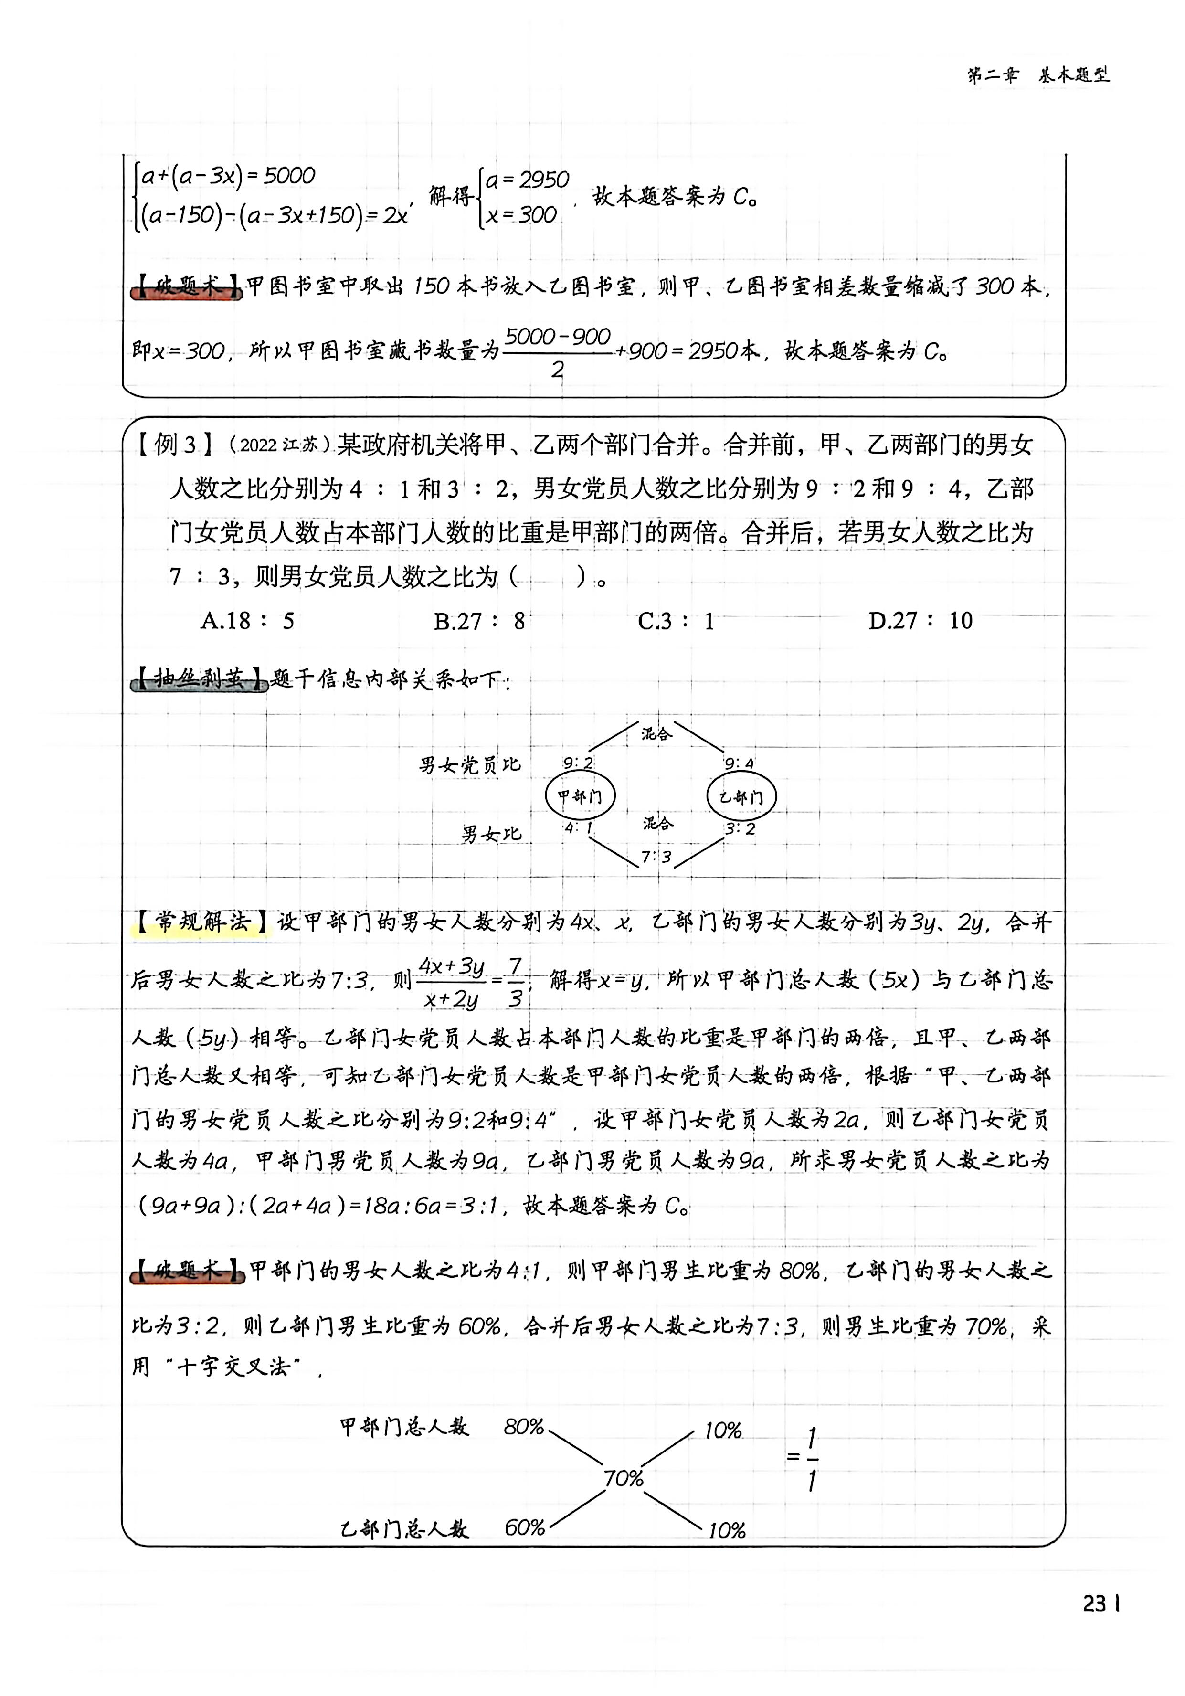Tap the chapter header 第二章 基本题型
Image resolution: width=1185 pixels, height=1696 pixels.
click(1038, 74)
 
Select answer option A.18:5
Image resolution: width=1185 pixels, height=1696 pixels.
click(247, 621)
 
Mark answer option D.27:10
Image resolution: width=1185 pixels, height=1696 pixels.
click(920, 621)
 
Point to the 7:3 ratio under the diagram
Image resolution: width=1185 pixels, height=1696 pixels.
click(656, 857)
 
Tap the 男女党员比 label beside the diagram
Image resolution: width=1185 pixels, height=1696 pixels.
click(470, 764)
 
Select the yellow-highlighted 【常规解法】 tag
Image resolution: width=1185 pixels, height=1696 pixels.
click(201, 922)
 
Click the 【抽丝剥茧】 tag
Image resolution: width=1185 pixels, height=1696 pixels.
click(200, 678)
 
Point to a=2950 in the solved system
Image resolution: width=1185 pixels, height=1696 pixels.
click(527, 180)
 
